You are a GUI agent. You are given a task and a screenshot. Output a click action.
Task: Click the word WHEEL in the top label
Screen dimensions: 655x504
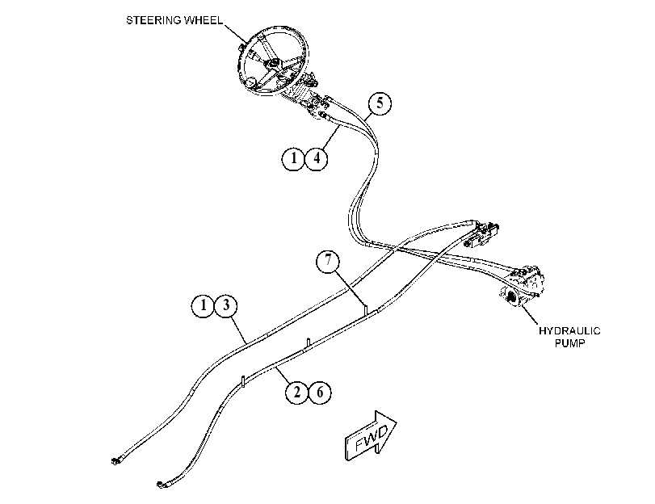click(203, 20)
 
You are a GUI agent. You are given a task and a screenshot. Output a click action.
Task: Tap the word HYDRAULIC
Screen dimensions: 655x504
click(569, 331)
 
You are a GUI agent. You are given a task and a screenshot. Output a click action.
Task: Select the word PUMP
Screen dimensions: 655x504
click(569, 343)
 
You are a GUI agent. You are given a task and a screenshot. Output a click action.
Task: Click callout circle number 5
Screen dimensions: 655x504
click(380, 103)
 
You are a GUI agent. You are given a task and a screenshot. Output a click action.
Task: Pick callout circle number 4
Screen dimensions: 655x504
click(317, 159)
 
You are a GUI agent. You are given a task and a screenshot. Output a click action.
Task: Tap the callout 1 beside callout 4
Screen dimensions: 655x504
click(294, 159)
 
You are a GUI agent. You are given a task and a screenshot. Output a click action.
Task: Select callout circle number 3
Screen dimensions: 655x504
click(226, 305)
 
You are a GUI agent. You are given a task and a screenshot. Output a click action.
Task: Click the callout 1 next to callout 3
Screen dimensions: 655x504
click(204, 305)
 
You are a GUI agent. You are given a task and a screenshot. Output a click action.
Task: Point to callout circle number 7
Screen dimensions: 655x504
click(328, 261)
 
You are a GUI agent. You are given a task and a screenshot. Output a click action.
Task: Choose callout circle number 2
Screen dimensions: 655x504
click(297, 393)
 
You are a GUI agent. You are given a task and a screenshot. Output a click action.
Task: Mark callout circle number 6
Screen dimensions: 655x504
click(320, 393)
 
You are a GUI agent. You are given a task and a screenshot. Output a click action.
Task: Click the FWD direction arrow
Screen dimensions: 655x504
click(370, 437)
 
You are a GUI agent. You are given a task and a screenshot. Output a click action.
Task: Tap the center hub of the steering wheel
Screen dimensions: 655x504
click(275, 64)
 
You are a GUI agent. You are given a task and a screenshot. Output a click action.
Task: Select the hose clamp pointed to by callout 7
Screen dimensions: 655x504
click(365, 310)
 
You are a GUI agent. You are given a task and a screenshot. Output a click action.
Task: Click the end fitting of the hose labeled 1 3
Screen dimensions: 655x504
click(115, 461)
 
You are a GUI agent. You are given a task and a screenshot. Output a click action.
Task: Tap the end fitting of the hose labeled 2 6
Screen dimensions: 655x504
click(161, 485)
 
